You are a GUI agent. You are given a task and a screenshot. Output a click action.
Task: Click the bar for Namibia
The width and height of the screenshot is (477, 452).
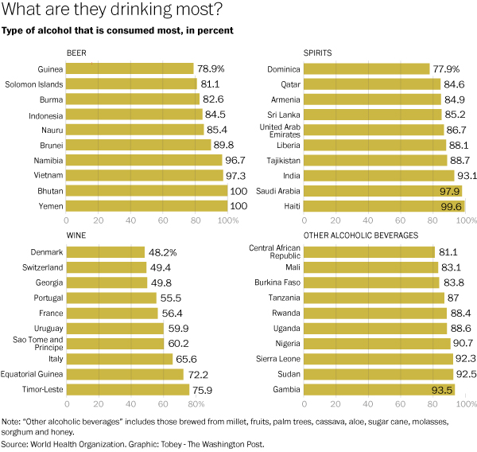click(144, 160)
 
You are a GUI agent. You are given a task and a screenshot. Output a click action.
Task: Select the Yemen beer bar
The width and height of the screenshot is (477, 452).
click(147, 205)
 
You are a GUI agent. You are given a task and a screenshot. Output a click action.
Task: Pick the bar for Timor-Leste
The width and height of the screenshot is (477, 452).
click(128, 389)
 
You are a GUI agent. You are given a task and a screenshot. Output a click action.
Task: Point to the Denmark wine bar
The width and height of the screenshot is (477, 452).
click(106, 251)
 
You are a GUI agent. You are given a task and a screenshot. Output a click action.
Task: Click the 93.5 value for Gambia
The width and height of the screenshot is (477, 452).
click(442, 389)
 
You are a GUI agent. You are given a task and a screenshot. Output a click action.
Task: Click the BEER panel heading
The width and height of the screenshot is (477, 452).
click(76, 53)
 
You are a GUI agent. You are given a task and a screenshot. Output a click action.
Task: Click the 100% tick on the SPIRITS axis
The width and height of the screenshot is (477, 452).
click(464, 220)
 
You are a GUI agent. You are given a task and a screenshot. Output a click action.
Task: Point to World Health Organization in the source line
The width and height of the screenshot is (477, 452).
click(79, 443)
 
